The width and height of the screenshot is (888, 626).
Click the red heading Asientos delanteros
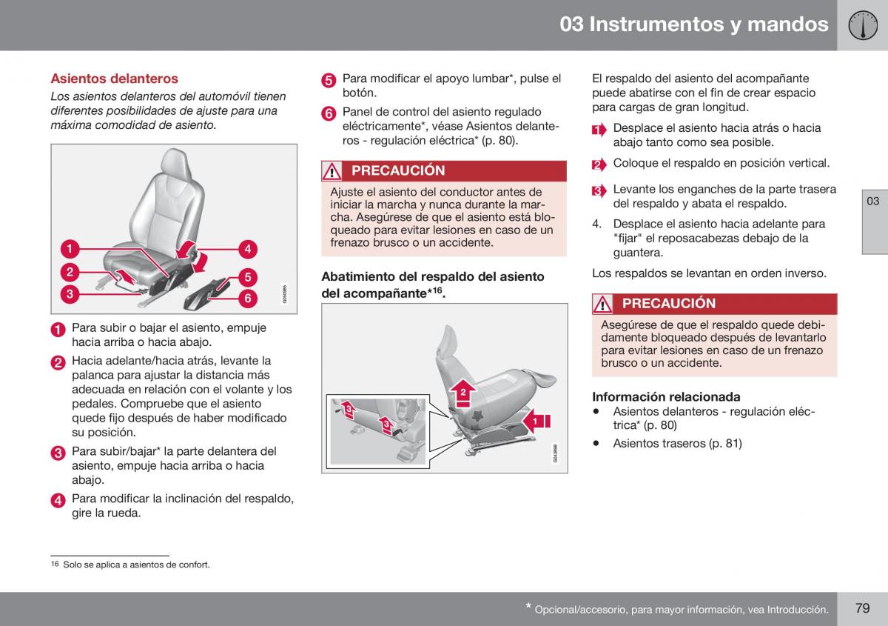click(x=114, y=79)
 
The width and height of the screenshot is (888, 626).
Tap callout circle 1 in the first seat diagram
click(x=70, y=249)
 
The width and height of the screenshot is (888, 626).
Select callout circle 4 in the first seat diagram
click(x=248, y=249)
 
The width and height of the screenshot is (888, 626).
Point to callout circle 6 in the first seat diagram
click(x=248, y=298)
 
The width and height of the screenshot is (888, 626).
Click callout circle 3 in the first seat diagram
click(x=70, y=294)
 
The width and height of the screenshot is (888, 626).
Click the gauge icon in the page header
click(x=863, y=25)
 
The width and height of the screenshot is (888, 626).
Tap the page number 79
click(x=863, y=607)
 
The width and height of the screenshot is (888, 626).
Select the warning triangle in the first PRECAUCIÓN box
click(x=332, y=171)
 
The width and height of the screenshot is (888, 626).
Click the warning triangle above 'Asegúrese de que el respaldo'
click(x=602, y=304)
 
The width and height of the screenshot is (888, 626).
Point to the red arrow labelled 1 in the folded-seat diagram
click(x=536, y=421)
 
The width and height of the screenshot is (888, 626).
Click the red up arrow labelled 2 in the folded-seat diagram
click(x=463, y=393)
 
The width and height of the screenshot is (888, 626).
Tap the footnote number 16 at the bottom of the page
click(x=55, y=564)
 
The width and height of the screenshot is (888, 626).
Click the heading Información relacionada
click(x=666, y=396)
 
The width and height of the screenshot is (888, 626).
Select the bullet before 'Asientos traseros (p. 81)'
click(x=596, y=443)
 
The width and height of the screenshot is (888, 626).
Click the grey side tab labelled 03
click(x=875, y=222)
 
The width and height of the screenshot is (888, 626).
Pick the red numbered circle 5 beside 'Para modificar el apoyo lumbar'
click(x=329, y=80)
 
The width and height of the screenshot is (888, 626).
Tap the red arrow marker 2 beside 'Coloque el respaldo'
click(x=599, y=164)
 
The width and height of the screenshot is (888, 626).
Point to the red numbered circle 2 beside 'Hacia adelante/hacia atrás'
click(x=58, y=363)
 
